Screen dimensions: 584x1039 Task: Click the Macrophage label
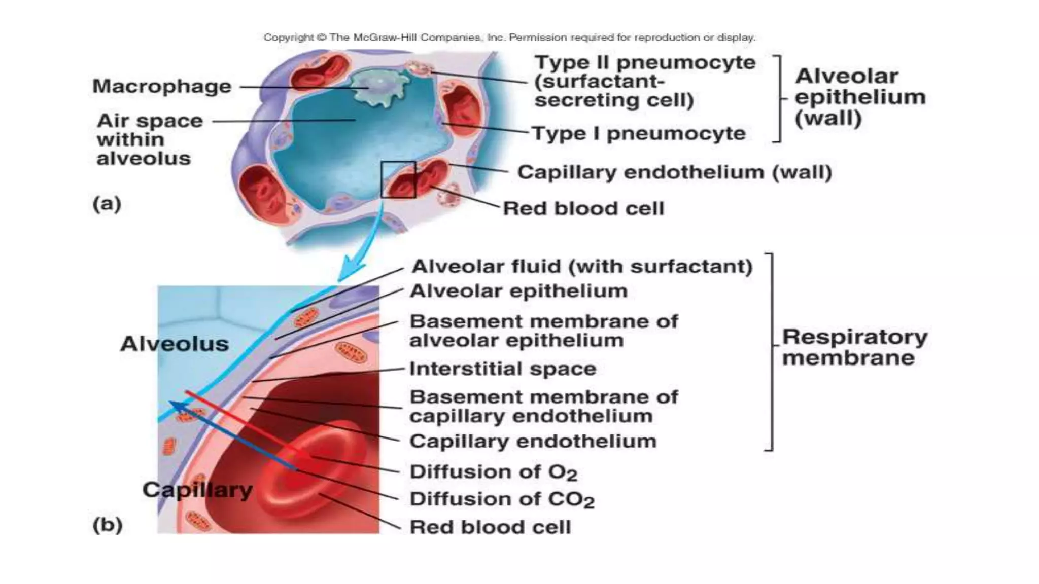(161, 87)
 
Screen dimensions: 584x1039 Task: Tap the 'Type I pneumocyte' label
(639, 134)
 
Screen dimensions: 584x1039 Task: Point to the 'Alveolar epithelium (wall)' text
(860, 97)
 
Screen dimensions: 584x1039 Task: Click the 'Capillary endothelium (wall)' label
(674, 172)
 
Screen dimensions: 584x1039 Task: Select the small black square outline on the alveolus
(398, 179)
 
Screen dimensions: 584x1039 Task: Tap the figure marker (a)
(107, 204)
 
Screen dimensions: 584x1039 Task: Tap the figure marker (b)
(107, 525)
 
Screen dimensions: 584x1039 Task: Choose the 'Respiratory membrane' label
(854, 347)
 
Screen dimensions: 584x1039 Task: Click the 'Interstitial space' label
(502, 369)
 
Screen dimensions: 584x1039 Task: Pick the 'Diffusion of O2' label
(493, 472)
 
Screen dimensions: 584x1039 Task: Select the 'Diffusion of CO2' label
(502, 499)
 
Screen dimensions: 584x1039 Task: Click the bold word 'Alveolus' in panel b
(174, 344)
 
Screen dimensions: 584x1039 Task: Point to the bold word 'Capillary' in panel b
(197, 490)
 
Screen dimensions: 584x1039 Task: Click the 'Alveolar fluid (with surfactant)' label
(581, 267)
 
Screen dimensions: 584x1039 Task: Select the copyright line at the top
(509, 38)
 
